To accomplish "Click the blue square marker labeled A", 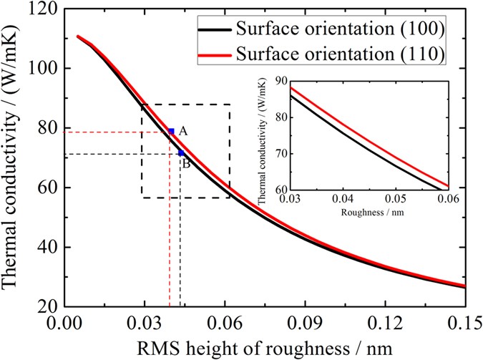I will (x=171, y=131).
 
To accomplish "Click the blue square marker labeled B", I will (x=181, y=152).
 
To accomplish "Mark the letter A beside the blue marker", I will (x=183, y=131).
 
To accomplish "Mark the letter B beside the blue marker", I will (x=185, y=164).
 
